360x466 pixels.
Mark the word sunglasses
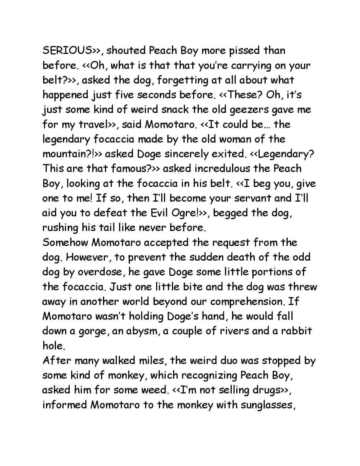pyautogui.click(x=267, y=405)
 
